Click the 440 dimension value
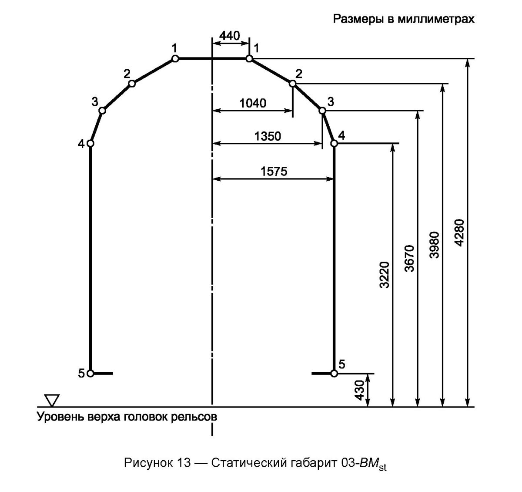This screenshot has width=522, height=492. coord(230,36)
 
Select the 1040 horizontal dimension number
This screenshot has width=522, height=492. coord(253,103)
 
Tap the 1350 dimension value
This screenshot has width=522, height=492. coord(268,136)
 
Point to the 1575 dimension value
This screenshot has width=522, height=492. coord(274,172)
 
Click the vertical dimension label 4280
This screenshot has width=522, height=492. coord(461,233)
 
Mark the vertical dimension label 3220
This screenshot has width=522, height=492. coord(385,275)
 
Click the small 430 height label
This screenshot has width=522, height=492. coord(360,391)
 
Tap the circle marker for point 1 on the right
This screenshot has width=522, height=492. coord(249,58)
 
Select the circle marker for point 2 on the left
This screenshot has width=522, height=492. coord(132,84)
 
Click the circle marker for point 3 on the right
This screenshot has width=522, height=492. coord(322,111)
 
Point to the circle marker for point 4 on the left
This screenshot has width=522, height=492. coord(90,143)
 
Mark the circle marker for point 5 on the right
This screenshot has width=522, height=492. coord(334,374)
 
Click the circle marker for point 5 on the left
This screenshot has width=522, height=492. coord(90,374)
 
